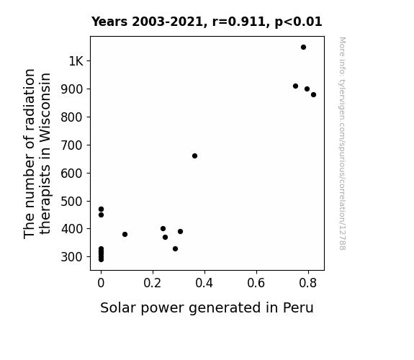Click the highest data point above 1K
303,48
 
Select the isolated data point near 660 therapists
194,156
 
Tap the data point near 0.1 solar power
125,234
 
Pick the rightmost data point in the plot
313,94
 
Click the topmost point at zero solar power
101,210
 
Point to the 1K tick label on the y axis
76,61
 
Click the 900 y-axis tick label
72,89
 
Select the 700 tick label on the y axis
72,145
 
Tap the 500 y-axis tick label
72,202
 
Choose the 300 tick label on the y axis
72,257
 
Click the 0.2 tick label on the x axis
153,283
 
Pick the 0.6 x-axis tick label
256,283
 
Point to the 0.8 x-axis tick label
307,283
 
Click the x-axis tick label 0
101,283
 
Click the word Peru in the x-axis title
298,307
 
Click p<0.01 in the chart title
298,22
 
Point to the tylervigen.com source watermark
342,143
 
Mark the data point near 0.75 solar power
295,86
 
